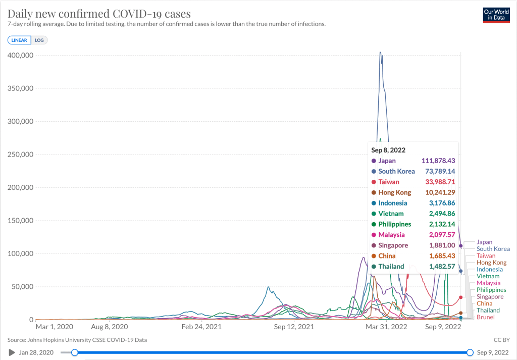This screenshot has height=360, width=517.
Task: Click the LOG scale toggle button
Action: [x=39, y=40]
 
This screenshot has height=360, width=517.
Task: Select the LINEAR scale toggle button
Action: [x=19, y=40]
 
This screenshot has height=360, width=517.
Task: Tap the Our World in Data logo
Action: [x=496, y=14]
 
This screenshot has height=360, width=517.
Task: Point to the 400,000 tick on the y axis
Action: [x=20, y=55]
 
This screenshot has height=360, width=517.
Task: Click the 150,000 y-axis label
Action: [x=20, y=221]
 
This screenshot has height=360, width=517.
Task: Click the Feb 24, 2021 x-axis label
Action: [x=201, y=327]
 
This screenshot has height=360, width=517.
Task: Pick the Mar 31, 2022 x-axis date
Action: [x=386, y=327]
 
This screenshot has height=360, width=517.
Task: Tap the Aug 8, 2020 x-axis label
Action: [x=109, y=327]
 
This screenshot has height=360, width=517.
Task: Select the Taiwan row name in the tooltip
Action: [x=389, y=182]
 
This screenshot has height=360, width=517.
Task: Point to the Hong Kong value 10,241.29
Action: [x=438, y=192]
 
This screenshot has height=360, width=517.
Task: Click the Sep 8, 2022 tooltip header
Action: [x=388, y=150]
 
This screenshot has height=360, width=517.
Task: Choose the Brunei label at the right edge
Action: [x=486, y=317]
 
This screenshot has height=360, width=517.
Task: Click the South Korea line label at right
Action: [x=493, y=249]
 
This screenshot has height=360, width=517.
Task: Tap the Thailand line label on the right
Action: [x=488, y=311]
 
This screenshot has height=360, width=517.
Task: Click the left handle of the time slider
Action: [x=75, y=352]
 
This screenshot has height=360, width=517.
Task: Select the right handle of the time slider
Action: [x=470, y=352]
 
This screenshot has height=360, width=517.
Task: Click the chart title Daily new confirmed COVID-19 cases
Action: [x=99, y=13]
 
